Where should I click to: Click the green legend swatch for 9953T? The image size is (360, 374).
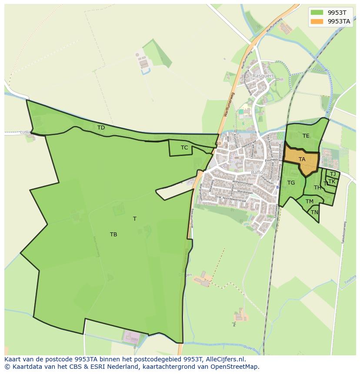pyautogui.click(x=317, y=12)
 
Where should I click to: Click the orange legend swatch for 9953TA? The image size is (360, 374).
pyautogui.click(x=317, y=21)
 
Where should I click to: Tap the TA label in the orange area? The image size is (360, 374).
pyautogui.click(x=302, y=159)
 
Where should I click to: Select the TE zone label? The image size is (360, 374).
pyautogui.click(x=306, y=136)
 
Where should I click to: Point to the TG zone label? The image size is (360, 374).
pyautogui.click(x=291, y=183)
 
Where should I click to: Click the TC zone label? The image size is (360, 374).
pyautogui.click(x=184, y=148)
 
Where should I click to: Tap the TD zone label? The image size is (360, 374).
pyautogui.click(x=101, y=128)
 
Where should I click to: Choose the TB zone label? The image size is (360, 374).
pyautogui.click(x=113, y=235)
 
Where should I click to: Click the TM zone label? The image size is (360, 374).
pyautogui.click(x=310, y=202)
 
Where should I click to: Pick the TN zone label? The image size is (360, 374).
pyautogui.click(x=314, y=212)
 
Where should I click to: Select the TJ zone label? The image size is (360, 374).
pyautogui.click(x=333, y=174)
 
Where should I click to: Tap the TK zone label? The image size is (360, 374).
pyautogui.click(x=332, y=182)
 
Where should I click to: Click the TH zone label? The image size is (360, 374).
pyautogui.click(x=317, y=188)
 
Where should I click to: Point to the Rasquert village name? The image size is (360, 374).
pyautogui.click(x=263, y=76)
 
